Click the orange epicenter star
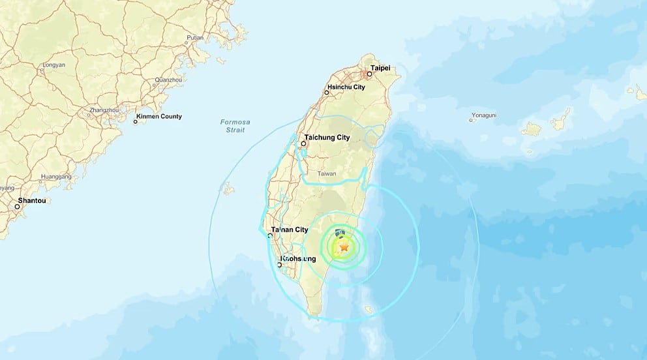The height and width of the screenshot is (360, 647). click(x=344, y=247)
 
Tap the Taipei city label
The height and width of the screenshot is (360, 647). click(x=380, y=68)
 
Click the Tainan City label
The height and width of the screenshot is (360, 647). click(x=290, y=230)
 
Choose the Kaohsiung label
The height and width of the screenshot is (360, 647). click(x=298, y=259)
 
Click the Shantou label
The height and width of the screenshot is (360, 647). click(x=32, y=201)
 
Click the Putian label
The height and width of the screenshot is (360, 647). click(x=195, y=38)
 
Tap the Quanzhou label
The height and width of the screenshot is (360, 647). click(x=168, y=80)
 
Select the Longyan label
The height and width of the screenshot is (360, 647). click(x=53, y=65)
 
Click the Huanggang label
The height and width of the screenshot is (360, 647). click(x=55, y=177)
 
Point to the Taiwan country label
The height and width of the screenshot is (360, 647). click(x=327, y=174)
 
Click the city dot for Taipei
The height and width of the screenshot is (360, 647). click(x=369, y=74)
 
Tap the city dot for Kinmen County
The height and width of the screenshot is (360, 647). click(x=136, y=121)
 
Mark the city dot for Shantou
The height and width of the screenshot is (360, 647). click(x=18, y=207)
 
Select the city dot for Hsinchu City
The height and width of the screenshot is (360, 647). click(x=327, y=93)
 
